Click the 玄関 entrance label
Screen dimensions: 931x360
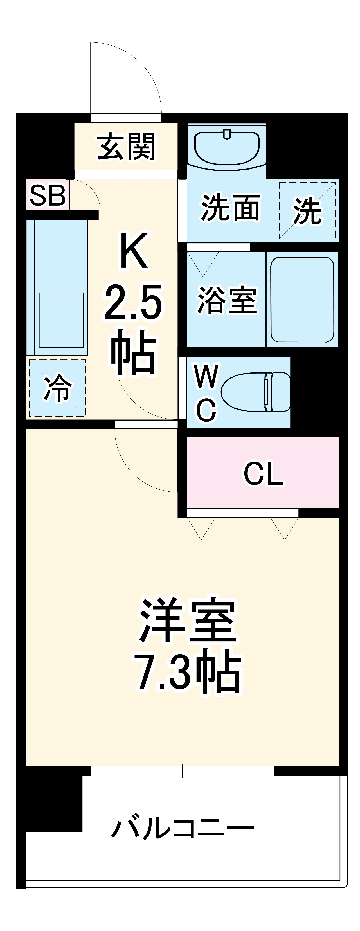[x=126, y=147]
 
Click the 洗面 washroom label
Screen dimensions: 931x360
[x=230, y=208]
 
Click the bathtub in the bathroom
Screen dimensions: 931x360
[x=302, y=300]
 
